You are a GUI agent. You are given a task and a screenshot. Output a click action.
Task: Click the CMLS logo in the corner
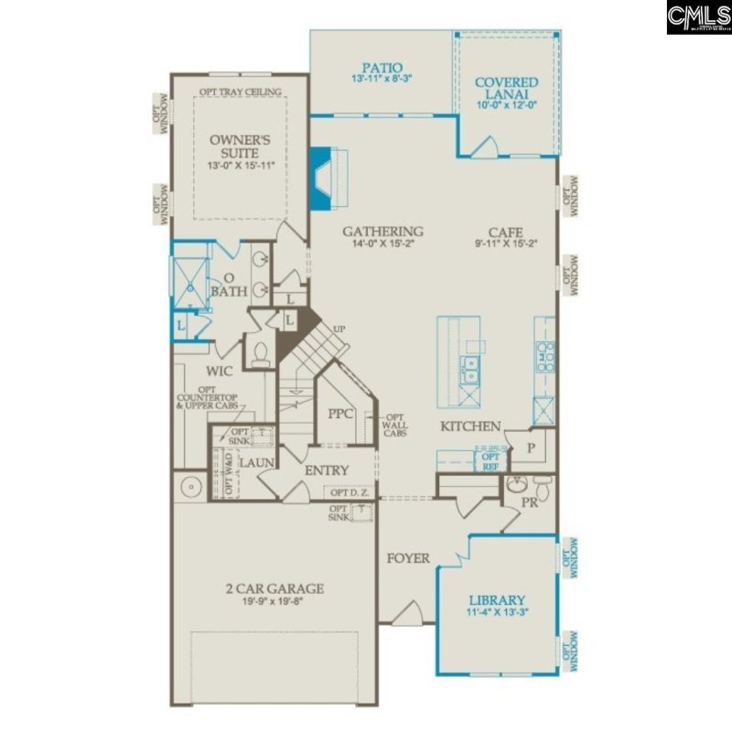click(698, 17)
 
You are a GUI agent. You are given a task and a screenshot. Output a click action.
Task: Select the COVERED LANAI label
click(506, 89)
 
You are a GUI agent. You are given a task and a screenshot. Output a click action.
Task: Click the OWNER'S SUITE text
click(241, 146)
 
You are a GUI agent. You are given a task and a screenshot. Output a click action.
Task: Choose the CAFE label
click(505, 231)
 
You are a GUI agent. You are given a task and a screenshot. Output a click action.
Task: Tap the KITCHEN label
click(470, 425)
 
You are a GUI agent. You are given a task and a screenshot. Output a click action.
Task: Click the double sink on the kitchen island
click(472, 370)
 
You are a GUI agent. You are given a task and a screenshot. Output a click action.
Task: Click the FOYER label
click(407, 558)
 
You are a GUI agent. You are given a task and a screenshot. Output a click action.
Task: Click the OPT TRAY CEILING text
click(240, 91)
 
